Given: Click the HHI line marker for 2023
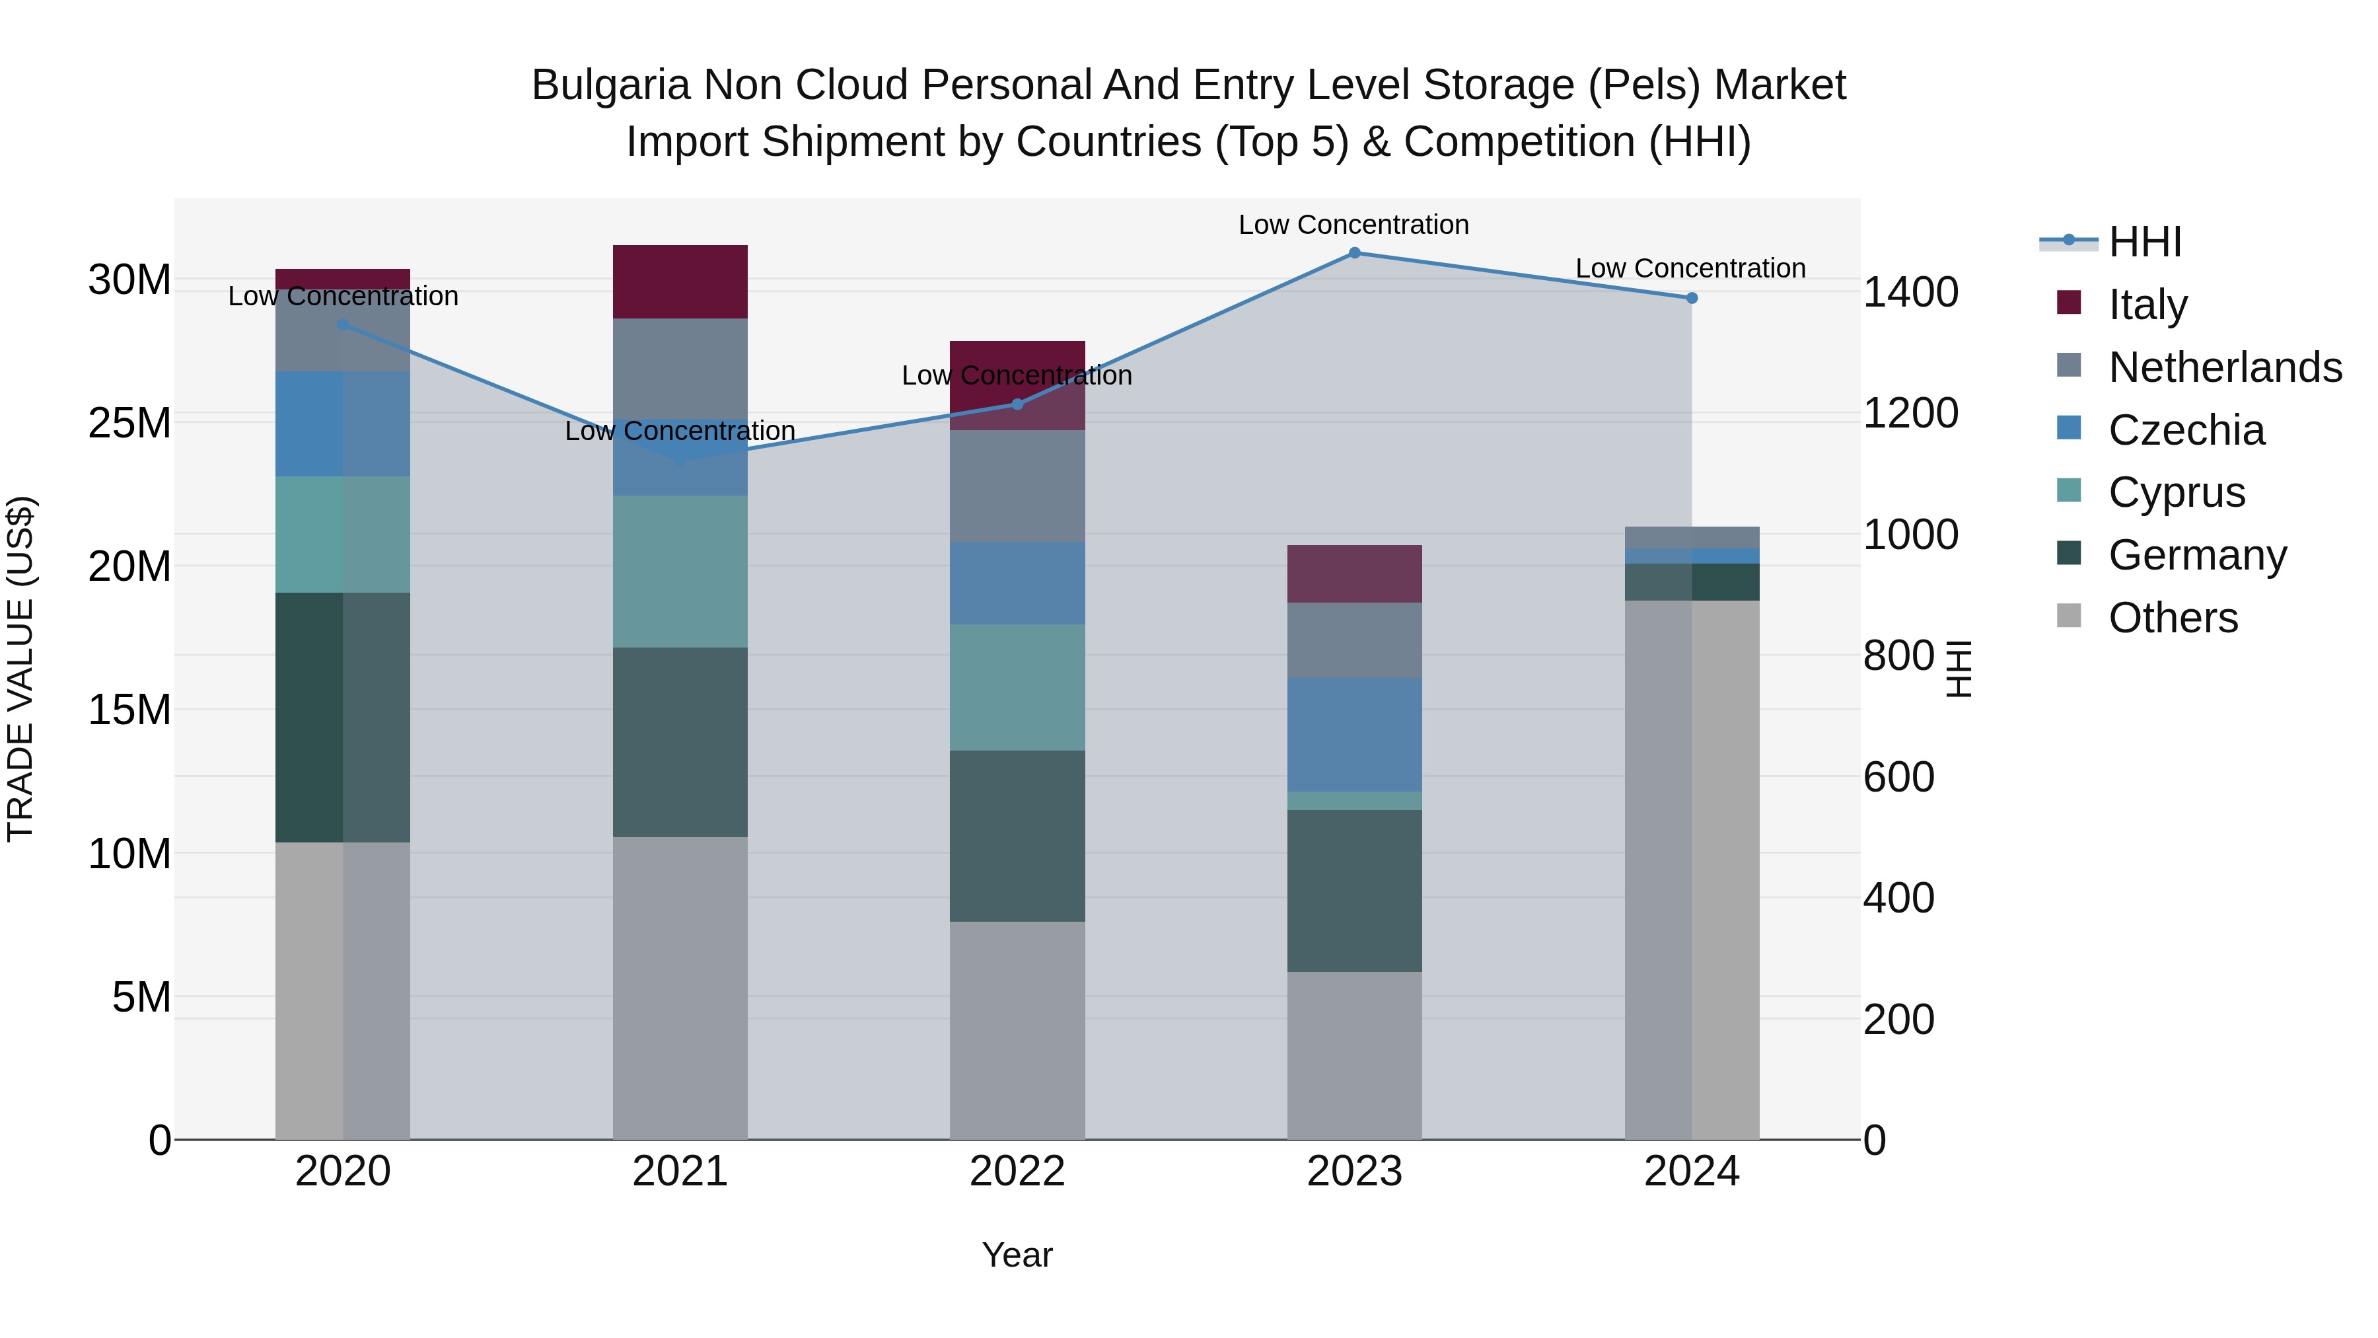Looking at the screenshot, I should pos(1354,253).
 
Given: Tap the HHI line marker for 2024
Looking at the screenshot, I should pos(1691,298).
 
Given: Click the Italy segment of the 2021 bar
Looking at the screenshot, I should pos(680,281).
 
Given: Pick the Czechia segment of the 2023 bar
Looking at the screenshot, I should pos(1354,735).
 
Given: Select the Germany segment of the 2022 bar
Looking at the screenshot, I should pos(1017,836).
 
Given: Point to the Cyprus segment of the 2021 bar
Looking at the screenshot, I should pos(680,572).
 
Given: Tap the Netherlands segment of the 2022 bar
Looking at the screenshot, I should pos(1017,486).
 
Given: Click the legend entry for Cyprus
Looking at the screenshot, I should pos(2177,492).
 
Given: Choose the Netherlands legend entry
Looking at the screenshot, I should pos(2225,367).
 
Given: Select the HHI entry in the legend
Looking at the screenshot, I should pos(2144,242).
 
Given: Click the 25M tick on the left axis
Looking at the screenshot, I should pos(129,423).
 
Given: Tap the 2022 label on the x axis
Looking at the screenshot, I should pos(1017,1171).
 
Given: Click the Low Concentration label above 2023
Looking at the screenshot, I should pos(1353,225).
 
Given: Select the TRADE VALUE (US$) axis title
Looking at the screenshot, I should pos(20,669).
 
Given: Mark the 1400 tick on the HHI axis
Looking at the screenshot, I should pos(1910,293).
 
